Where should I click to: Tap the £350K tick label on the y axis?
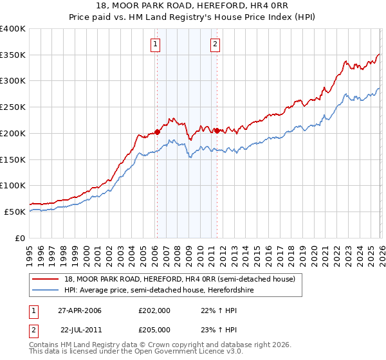(13, 55)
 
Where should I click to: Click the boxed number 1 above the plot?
(156, 44)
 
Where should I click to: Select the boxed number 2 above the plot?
(215, 44)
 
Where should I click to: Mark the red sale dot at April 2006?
(157, 132)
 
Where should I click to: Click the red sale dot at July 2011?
(217, 130)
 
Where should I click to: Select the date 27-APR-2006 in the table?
(80, 310)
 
